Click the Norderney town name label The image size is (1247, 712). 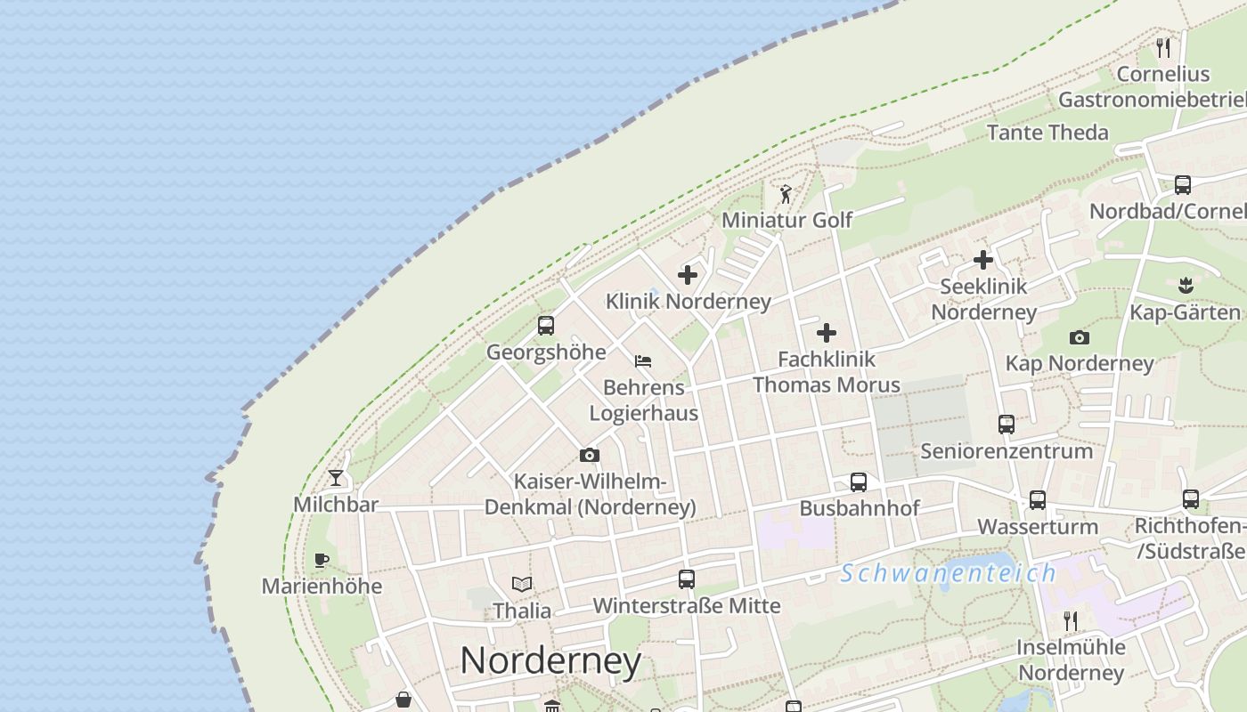550,660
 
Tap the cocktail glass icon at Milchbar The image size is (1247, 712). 336,479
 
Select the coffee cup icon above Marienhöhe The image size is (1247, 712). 322,560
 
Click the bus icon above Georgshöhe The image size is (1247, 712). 546,326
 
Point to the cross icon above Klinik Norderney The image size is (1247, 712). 688,275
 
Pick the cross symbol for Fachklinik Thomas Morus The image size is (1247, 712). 827,333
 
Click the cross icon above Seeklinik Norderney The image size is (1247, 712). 983,260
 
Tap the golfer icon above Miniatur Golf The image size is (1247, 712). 786,194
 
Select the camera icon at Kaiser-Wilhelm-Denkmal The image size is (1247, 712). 589,456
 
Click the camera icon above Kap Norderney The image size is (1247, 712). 1080,337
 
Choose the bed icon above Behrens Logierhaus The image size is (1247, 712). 643,361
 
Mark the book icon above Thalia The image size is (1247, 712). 522,585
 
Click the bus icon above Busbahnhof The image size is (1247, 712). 859,482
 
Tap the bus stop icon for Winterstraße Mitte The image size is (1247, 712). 687,579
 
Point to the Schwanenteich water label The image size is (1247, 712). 948,573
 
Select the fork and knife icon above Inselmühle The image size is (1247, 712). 1071,620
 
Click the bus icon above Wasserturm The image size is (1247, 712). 1038,500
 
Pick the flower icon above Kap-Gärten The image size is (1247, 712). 1185,286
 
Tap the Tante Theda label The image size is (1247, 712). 1047,133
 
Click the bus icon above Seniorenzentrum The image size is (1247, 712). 1007,425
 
